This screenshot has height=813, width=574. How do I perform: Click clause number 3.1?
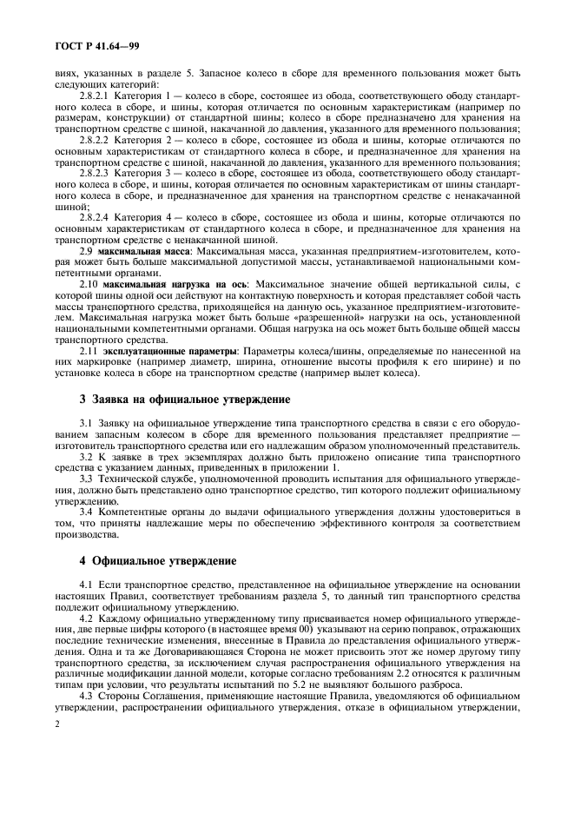[x=86, y=421]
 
